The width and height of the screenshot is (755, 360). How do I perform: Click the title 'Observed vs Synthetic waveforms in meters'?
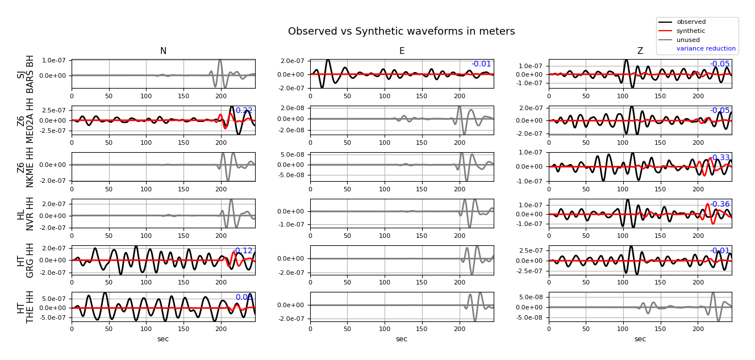pos(401,32)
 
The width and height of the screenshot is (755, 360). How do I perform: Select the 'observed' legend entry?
pos(691,22)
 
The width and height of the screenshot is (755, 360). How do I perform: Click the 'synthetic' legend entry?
pos(691,31)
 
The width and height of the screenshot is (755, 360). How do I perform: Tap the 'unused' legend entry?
pos(688,40)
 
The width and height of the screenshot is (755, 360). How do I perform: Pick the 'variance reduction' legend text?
pos(706,49)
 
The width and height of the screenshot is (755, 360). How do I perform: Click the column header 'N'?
pos(163,51)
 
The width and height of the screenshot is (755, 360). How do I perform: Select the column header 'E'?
pos(402,51)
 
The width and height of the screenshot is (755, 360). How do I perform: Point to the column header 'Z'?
pos(640,51)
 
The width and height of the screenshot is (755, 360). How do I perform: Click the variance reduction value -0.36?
pos(720,204)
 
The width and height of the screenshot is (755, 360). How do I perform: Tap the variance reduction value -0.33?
pos(720,158)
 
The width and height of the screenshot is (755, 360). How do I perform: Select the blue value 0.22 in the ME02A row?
pos(244,111)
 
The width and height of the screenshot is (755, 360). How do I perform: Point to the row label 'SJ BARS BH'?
pos(26,74)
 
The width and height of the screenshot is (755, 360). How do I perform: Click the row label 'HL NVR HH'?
pos(26,214)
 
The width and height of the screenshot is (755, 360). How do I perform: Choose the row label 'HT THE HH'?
pos(26,307)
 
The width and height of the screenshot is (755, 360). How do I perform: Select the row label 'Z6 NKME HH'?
pos(26,167)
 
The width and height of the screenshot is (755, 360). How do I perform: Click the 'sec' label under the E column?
pos(402,339)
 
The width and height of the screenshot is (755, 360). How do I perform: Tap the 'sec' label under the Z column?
pos(640,339)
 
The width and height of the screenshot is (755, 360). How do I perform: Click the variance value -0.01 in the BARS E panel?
pos(481,64)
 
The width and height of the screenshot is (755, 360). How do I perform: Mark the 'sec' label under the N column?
pos(163,339)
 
